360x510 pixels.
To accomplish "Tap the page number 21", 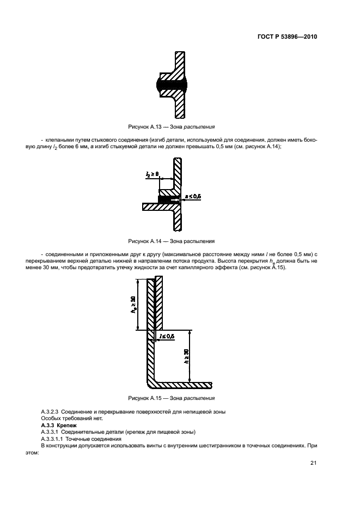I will pyautogui.click(x=313, y=463).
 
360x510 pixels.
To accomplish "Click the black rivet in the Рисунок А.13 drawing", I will pyautogui.click(x=172, y=84).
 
